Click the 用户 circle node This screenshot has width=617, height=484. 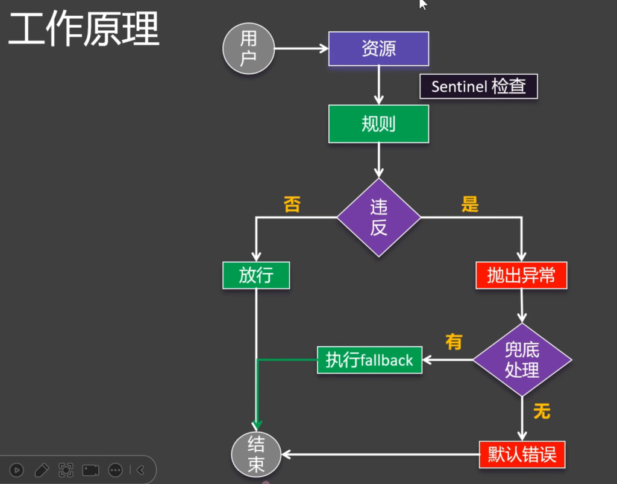248,48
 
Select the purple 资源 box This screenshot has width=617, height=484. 378,49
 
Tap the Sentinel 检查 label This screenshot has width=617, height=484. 478,86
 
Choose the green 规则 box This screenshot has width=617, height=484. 378,124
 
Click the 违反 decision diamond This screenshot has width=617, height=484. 378,217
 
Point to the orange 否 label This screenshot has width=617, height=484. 292,205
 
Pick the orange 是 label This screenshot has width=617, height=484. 469,205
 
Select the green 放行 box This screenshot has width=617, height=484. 256,275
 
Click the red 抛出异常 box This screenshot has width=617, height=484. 521,275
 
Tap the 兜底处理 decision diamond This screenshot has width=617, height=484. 522,360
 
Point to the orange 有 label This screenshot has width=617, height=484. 453,342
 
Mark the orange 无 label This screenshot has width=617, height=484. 542,412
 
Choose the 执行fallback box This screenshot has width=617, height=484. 369,360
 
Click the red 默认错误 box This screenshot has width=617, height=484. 522,454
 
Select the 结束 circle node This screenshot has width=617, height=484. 256,454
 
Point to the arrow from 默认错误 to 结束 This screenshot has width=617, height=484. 380,454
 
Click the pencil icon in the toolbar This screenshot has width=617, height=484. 42,470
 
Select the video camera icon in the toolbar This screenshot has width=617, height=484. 90,470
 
